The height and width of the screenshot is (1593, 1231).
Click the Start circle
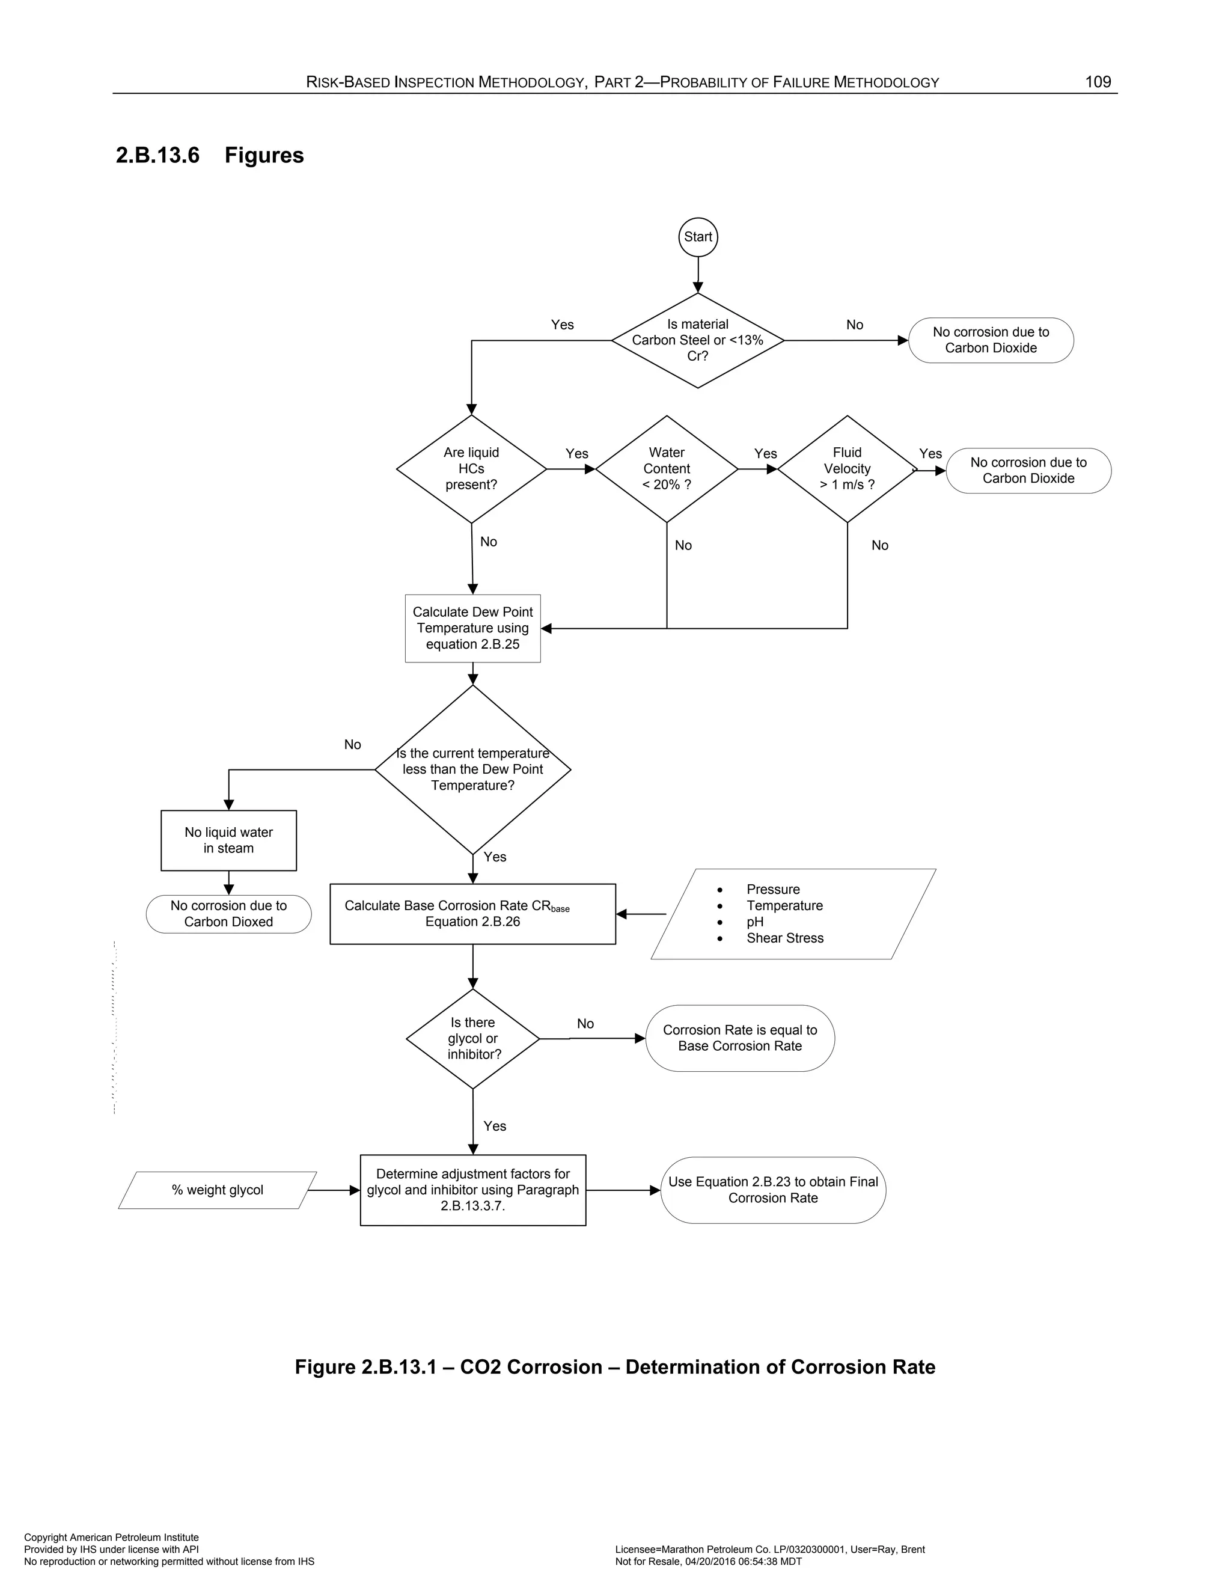point(698,237)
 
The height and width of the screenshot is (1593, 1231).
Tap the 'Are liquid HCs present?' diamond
point(471,469)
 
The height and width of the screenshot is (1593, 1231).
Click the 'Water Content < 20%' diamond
point(667,469)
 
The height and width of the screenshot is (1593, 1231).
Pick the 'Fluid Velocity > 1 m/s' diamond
point(847,469)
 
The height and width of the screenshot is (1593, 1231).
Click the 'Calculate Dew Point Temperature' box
point(472,628)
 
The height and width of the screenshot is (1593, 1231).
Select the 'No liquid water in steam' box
point(228,840)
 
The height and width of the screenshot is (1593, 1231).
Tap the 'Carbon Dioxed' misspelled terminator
point(228,914)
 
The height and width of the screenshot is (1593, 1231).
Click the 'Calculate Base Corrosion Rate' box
point(472,914)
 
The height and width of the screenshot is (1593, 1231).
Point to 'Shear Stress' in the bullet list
point(784,938)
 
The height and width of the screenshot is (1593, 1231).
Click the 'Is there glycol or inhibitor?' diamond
point(472,1039)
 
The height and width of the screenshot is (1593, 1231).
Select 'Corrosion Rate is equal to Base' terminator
point(739,1038)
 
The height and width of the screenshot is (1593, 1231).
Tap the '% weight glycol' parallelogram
point(218,1190)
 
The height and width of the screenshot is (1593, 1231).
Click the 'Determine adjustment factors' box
point(472,1190)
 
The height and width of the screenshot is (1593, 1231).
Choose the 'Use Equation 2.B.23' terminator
point(773,1190)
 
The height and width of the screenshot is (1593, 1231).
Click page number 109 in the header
point(1098,82)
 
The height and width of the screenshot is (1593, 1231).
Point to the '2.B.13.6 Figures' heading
point(210,155)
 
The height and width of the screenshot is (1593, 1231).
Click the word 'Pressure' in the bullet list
point(773,889)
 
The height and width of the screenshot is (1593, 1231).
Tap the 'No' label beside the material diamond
point(855,325)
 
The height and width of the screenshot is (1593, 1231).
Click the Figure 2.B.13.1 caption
point(615,1367)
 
